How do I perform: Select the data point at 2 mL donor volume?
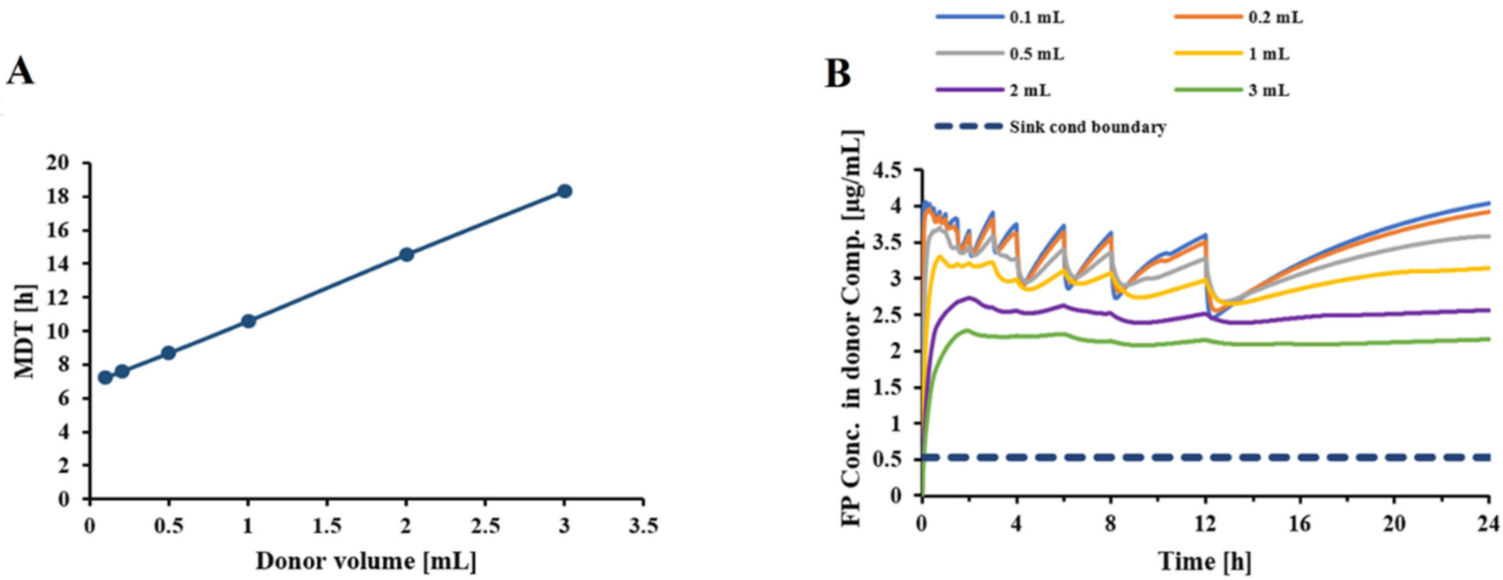(407, 255)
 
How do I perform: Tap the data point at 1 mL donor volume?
(248, 321)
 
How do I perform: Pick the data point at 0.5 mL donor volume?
(168, 352)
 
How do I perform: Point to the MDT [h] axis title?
(25, 331)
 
